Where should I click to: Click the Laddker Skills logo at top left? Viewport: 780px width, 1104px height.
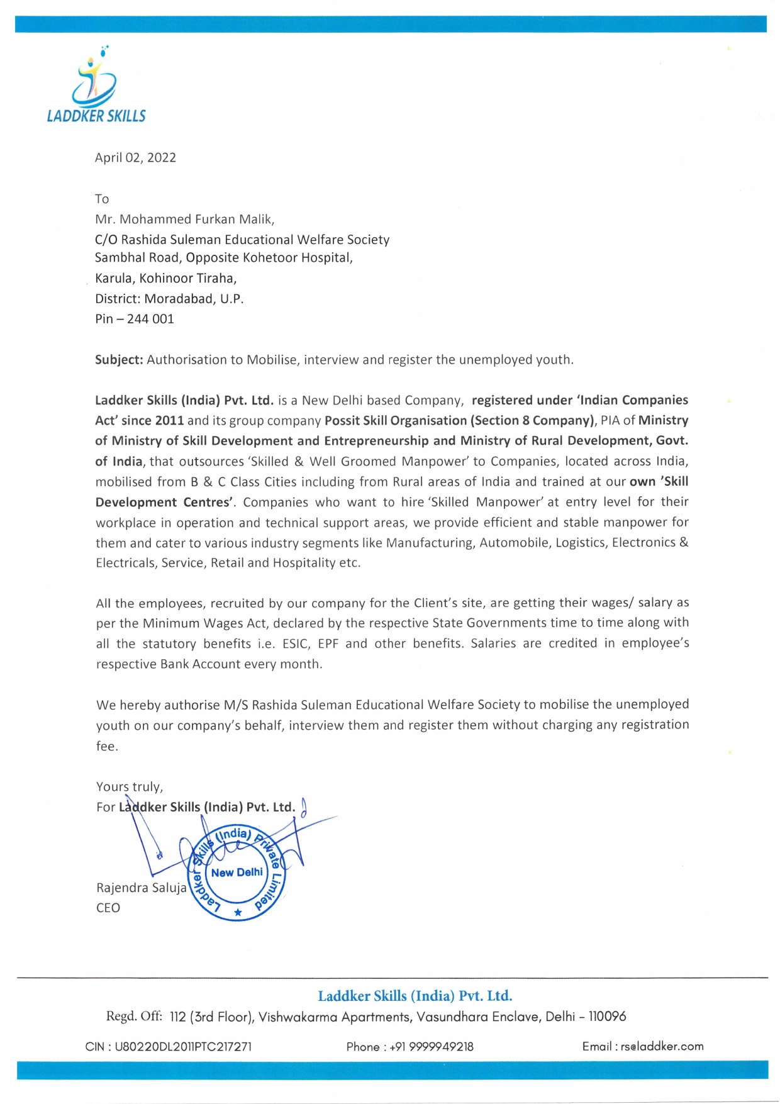click(96, 85)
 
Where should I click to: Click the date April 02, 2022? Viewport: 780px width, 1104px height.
click(135, 158)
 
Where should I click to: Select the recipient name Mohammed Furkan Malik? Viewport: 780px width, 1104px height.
click(196, 220)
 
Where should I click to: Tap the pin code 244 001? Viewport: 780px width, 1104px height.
click(150, 319)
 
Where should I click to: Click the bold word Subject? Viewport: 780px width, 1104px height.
click(120, 360)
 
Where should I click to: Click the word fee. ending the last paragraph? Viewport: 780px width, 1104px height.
click(107, 746)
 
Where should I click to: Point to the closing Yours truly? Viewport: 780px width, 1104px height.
click(130, 787)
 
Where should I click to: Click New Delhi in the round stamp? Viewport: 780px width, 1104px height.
click(237, 873)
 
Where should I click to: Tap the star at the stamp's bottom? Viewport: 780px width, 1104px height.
click(238, 912)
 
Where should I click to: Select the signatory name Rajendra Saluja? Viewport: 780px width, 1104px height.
click(142, 888)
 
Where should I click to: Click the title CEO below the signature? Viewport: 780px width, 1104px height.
click(108, 908)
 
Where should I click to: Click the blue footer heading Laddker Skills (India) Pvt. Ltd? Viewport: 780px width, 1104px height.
click(415, 996)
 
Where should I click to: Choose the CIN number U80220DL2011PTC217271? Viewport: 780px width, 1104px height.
click(183, 1047)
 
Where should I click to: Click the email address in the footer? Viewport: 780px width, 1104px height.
click(662, 1046)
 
